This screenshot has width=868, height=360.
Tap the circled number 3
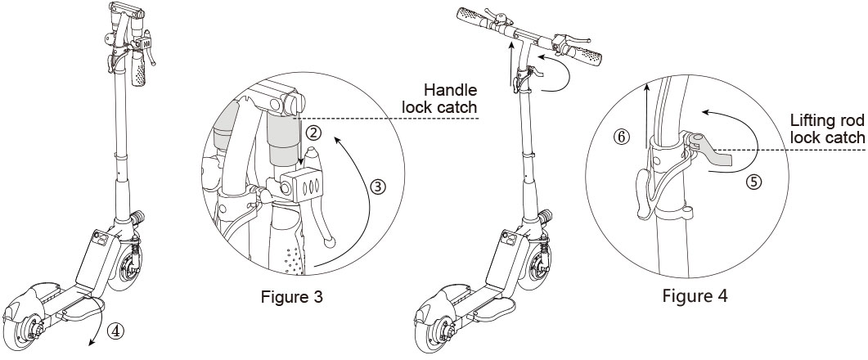point(377,187)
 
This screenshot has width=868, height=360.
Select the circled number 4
point(117,332)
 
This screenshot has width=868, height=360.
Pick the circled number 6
point(623,138)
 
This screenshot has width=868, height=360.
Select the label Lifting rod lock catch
point(827,128)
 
